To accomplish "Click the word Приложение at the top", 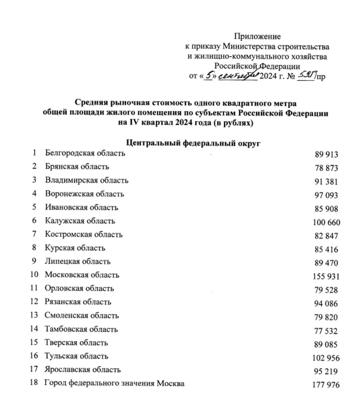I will [x=257, y=36].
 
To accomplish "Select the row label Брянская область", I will [x=77, y=167].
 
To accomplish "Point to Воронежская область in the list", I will [x=84, y=194].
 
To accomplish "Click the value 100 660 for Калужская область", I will [x=326, y=222].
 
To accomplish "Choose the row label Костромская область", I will [x=84, y=234].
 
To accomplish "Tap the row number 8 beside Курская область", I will [x=34, y=248].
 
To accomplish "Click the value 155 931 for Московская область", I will [x=326, y=276].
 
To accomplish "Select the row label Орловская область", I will [x=79, y=288].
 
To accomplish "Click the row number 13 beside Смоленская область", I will [x=34, y=315].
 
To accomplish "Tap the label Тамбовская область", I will [x=81, y=329].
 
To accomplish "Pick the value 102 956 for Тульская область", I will [x=326, y=357].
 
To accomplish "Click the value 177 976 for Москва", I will [x=326, y=384].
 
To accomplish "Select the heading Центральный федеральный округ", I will [x=194, y=143].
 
